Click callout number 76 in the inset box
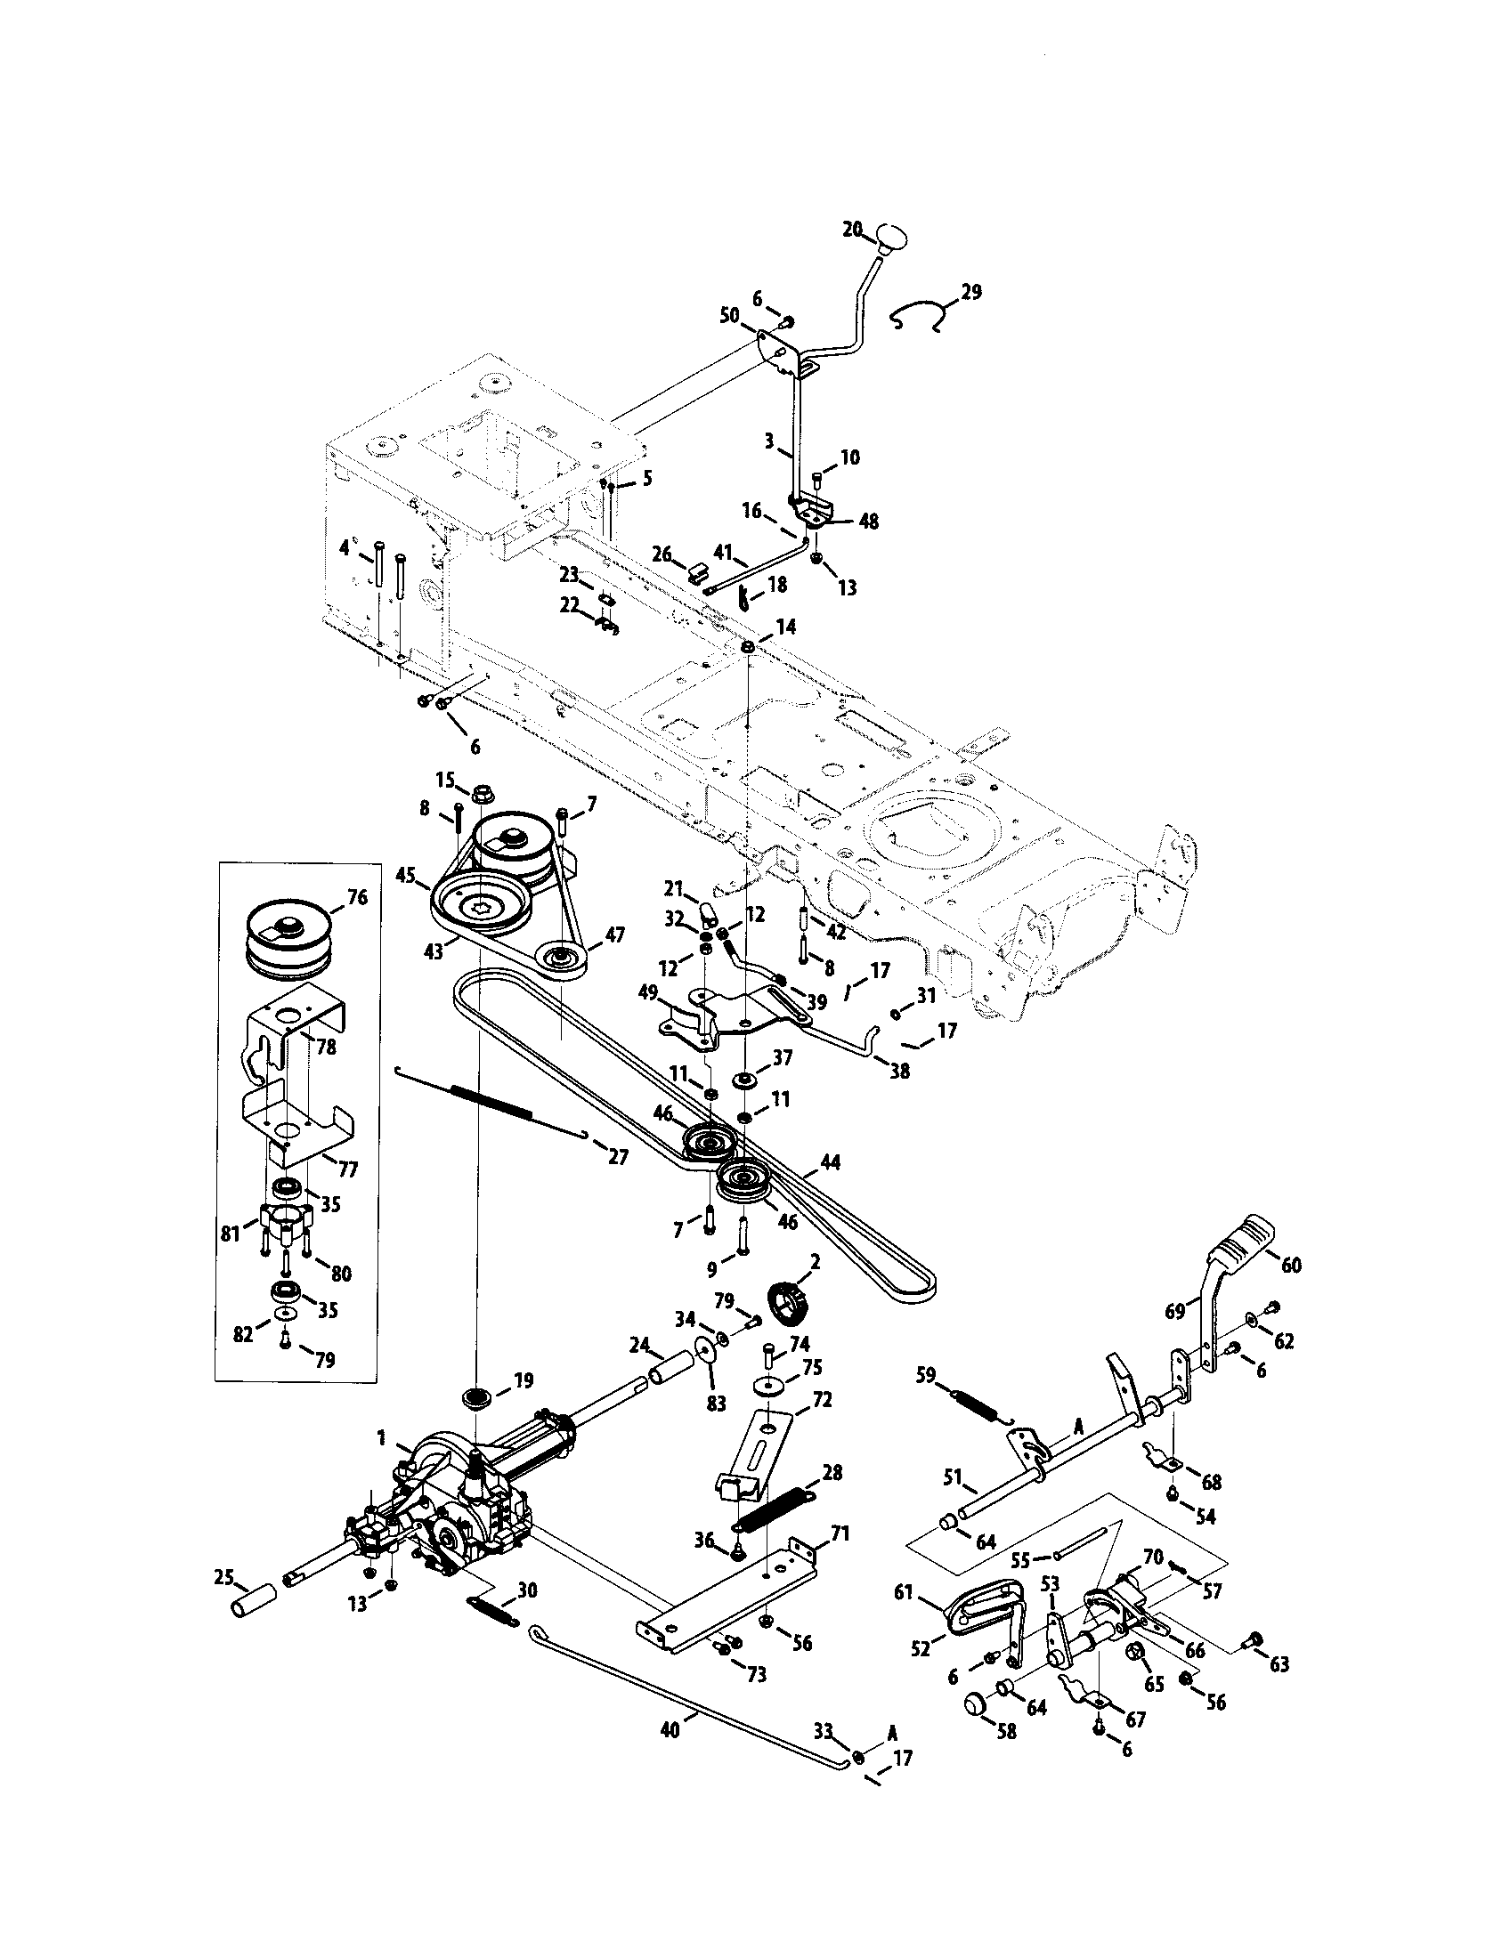(x=357, y=897)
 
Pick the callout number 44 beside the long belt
(x=830, y=1165)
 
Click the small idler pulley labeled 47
(x=563, y=962)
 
